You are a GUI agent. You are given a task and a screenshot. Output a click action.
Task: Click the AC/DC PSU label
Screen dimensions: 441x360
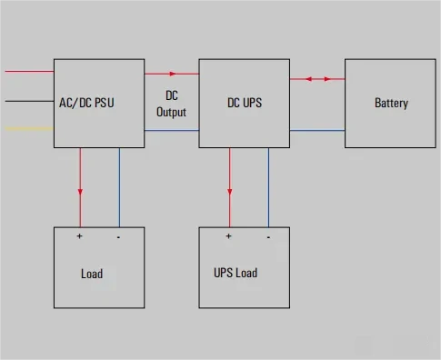point(86,103)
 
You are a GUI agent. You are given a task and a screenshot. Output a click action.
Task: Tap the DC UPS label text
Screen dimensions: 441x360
point(245,103)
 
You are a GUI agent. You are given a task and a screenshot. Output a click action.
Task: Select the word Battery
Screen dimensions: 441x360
point(391,104)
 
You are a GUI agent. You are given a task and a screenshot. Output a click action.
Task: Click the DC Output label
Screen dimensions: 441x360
point(171,104)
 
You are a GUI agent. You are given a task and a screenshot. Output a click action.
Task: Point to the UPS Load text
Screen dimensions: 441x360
point(236,273)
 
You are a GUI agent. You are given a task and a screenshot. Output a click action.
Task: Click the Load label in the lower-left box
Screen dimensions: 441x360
point(92,274)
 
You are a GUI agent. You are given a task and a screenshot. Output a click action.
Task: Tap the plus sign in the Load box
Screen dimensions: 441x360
point(79,235)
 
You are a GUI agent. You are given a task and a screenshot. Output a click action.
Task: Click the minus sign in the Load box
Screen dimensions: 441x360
point(118,237)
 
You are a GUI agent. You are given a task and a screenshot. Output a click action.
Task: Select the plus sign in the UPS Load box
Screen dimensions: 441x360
point(228,235)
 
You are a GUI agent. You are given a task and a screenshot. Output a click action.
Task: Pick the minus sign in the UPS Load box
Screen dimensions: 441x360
point(268,237)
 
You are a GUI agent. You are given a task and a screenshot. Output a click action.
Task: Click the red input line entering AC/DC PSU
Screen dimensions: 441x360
point(29,72)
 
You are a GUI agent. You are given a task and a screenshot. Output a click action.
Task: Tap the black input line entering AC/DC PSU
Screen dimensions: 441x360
point(29,101)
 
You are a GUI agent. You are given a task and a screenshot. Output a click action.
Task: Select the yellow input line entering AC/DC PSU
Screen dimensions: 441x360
point(29,129)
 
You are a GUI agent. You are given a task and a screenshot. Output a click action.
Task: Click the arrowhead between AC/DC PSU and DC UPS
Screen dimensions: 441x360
point(173,74)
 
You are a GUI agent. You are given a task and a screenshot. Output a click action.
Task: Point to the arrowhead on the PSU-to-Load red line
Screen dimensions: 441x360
point(80,192)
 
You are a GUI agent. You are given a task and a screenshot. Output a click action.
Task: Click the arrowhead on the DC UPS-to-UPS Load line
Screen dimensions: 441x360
point(230,192)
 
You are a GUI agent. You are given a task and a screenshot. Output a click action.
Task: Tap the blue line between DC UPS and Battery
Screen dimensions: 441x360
point(317,131)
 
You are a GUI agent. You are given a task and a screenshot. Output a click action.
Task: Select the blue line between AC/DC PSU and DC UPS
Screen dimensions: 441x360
point(172,131)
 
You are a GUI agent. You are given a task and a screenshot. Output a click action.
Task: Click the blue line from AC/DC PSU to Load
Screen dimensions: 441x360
point(119,187)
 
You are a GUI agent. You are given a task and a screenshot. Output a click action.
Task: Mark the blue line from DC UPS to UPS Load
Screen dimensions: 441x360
point(268,187)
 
